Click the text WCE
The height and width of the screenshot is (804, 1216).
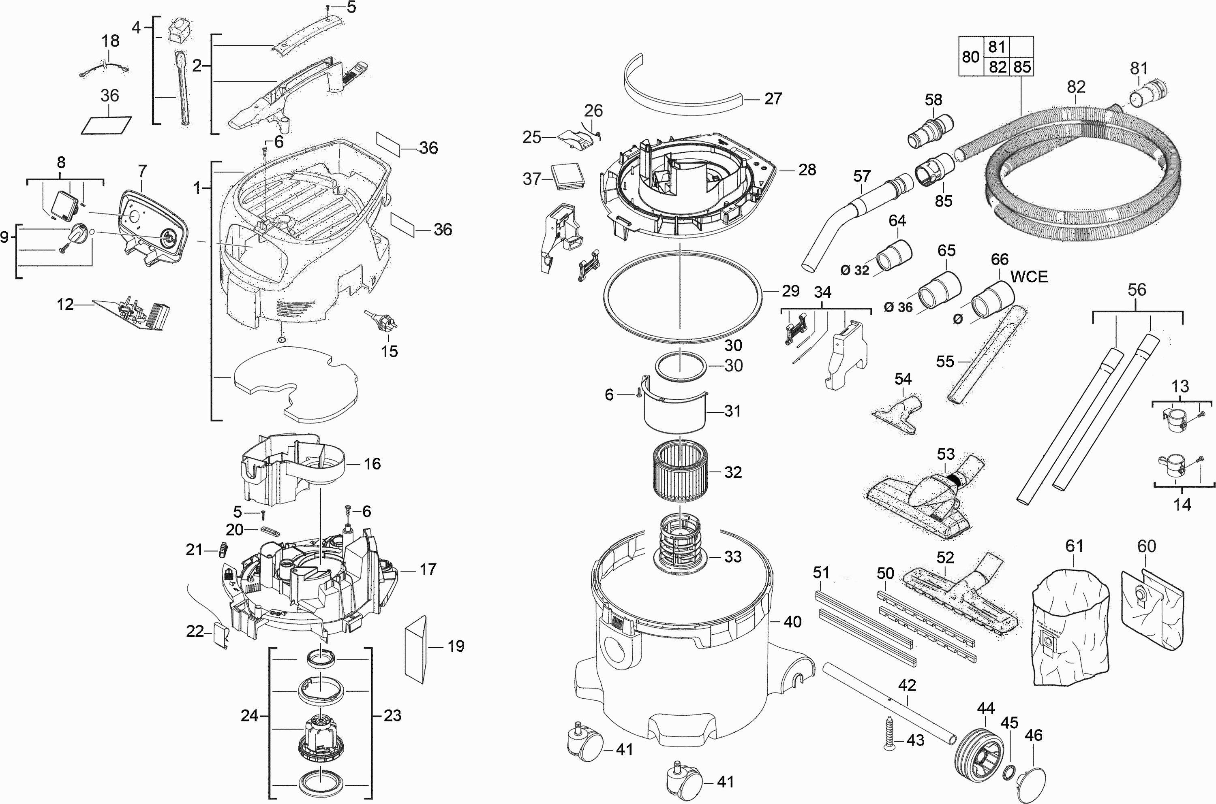click(1029, 277)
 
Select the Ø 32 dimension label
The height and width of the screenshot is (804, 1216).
click(855, 270)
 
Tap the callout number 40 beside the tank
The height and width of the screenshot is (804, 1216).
click(793, 622)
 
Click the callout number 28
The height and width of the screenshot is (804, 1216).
click(807, 170)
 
